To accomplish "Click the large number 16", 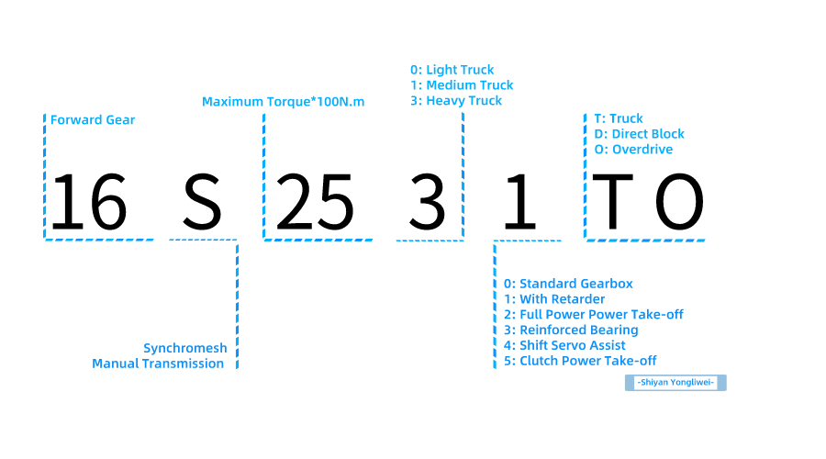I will (x=87, y=202).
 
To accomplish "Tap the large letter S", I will (x=202, y=202).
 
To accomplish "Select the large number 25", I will (x=315, y=202).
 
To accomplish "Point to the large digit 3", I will (x=427, y=202).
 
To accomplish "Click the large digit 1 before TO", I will (x=519, y=202).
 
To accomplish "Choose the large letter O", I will (x=679, y=202).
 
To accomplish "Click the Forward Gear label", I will (x=93, y=120).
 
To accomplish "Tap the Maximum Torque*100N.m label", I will (x=283, y=101).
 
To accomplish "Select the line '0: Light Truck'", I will (x=452, y=70).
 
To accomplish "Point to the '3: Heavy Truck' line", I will (x=456, y=100).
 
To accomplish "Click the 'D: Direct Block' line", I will (x=639, y=134).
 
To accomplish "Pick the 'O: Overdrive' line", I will (x=633, y=150).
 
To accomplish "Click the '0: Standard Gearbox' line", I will (x=568, y=284).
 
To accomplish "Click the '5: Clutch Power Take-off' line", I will (x=580, y=361).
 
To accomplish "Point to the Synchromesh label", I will (x=184, y=348).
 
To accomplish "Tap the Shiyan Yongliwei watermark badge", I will (x=675, y=382).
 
